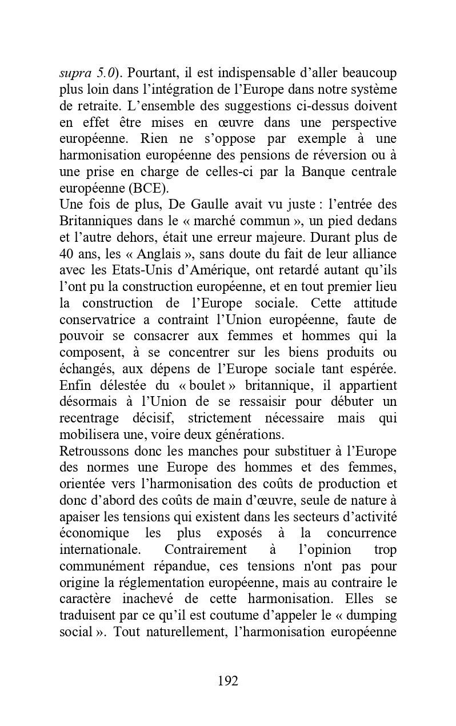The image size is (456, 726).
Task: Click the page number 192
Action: point(227,681)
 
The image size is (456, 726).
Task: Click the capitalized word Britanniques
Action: point(94,221)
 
